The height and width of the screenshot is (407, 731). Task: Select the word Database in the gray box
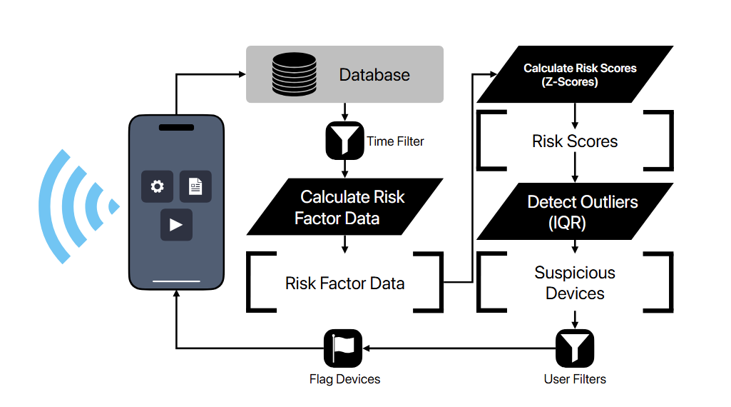point(374,75)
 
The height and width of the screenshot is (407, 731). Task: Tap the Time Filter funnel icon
point(344,141)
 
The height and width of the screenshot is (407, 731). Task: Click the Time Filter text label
point(395,141)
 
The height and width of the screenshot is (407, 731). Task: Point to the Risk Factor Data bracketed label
point(344,283)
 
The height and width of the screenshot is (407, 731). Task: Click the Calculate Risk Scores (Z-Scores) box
point(575,74)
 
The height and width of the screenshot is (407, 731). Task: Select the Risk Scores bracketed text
point(575,141)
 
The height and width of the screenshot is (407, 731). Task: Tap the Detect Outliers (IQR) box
point(575,211)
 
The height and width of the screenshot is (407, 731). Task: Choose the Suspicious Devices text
point(575,283)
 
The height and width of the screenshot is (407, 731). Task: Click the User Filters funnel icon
point(575,348)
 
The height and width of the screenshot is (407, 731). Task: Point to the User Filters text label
point(575,379)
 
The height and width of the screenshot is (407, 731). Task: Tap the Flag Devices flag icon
point(344,348)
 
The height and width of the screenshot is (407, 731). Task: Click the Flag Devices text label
point(344,379)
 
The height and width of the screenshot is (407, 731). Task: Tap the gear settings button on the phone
point(157,186)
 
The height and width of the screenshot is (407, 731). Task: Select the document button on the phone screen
point(195,186)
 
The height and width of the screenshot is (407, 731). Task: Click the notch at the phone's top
point(176,128)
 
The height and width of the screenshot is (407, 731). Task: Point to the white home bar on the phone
point(176,281)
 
